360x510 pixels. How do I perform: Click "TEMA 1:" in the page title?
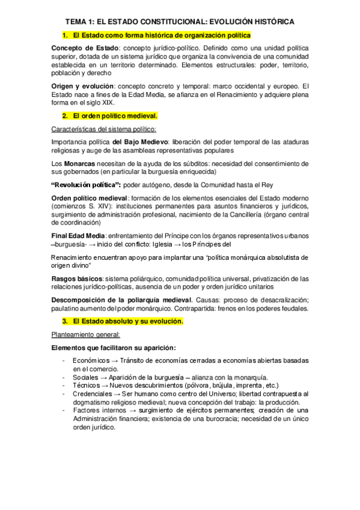click(x=79, y=22)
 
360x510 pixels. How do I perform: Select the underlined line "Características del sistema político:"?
click(x=104, y=129)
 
